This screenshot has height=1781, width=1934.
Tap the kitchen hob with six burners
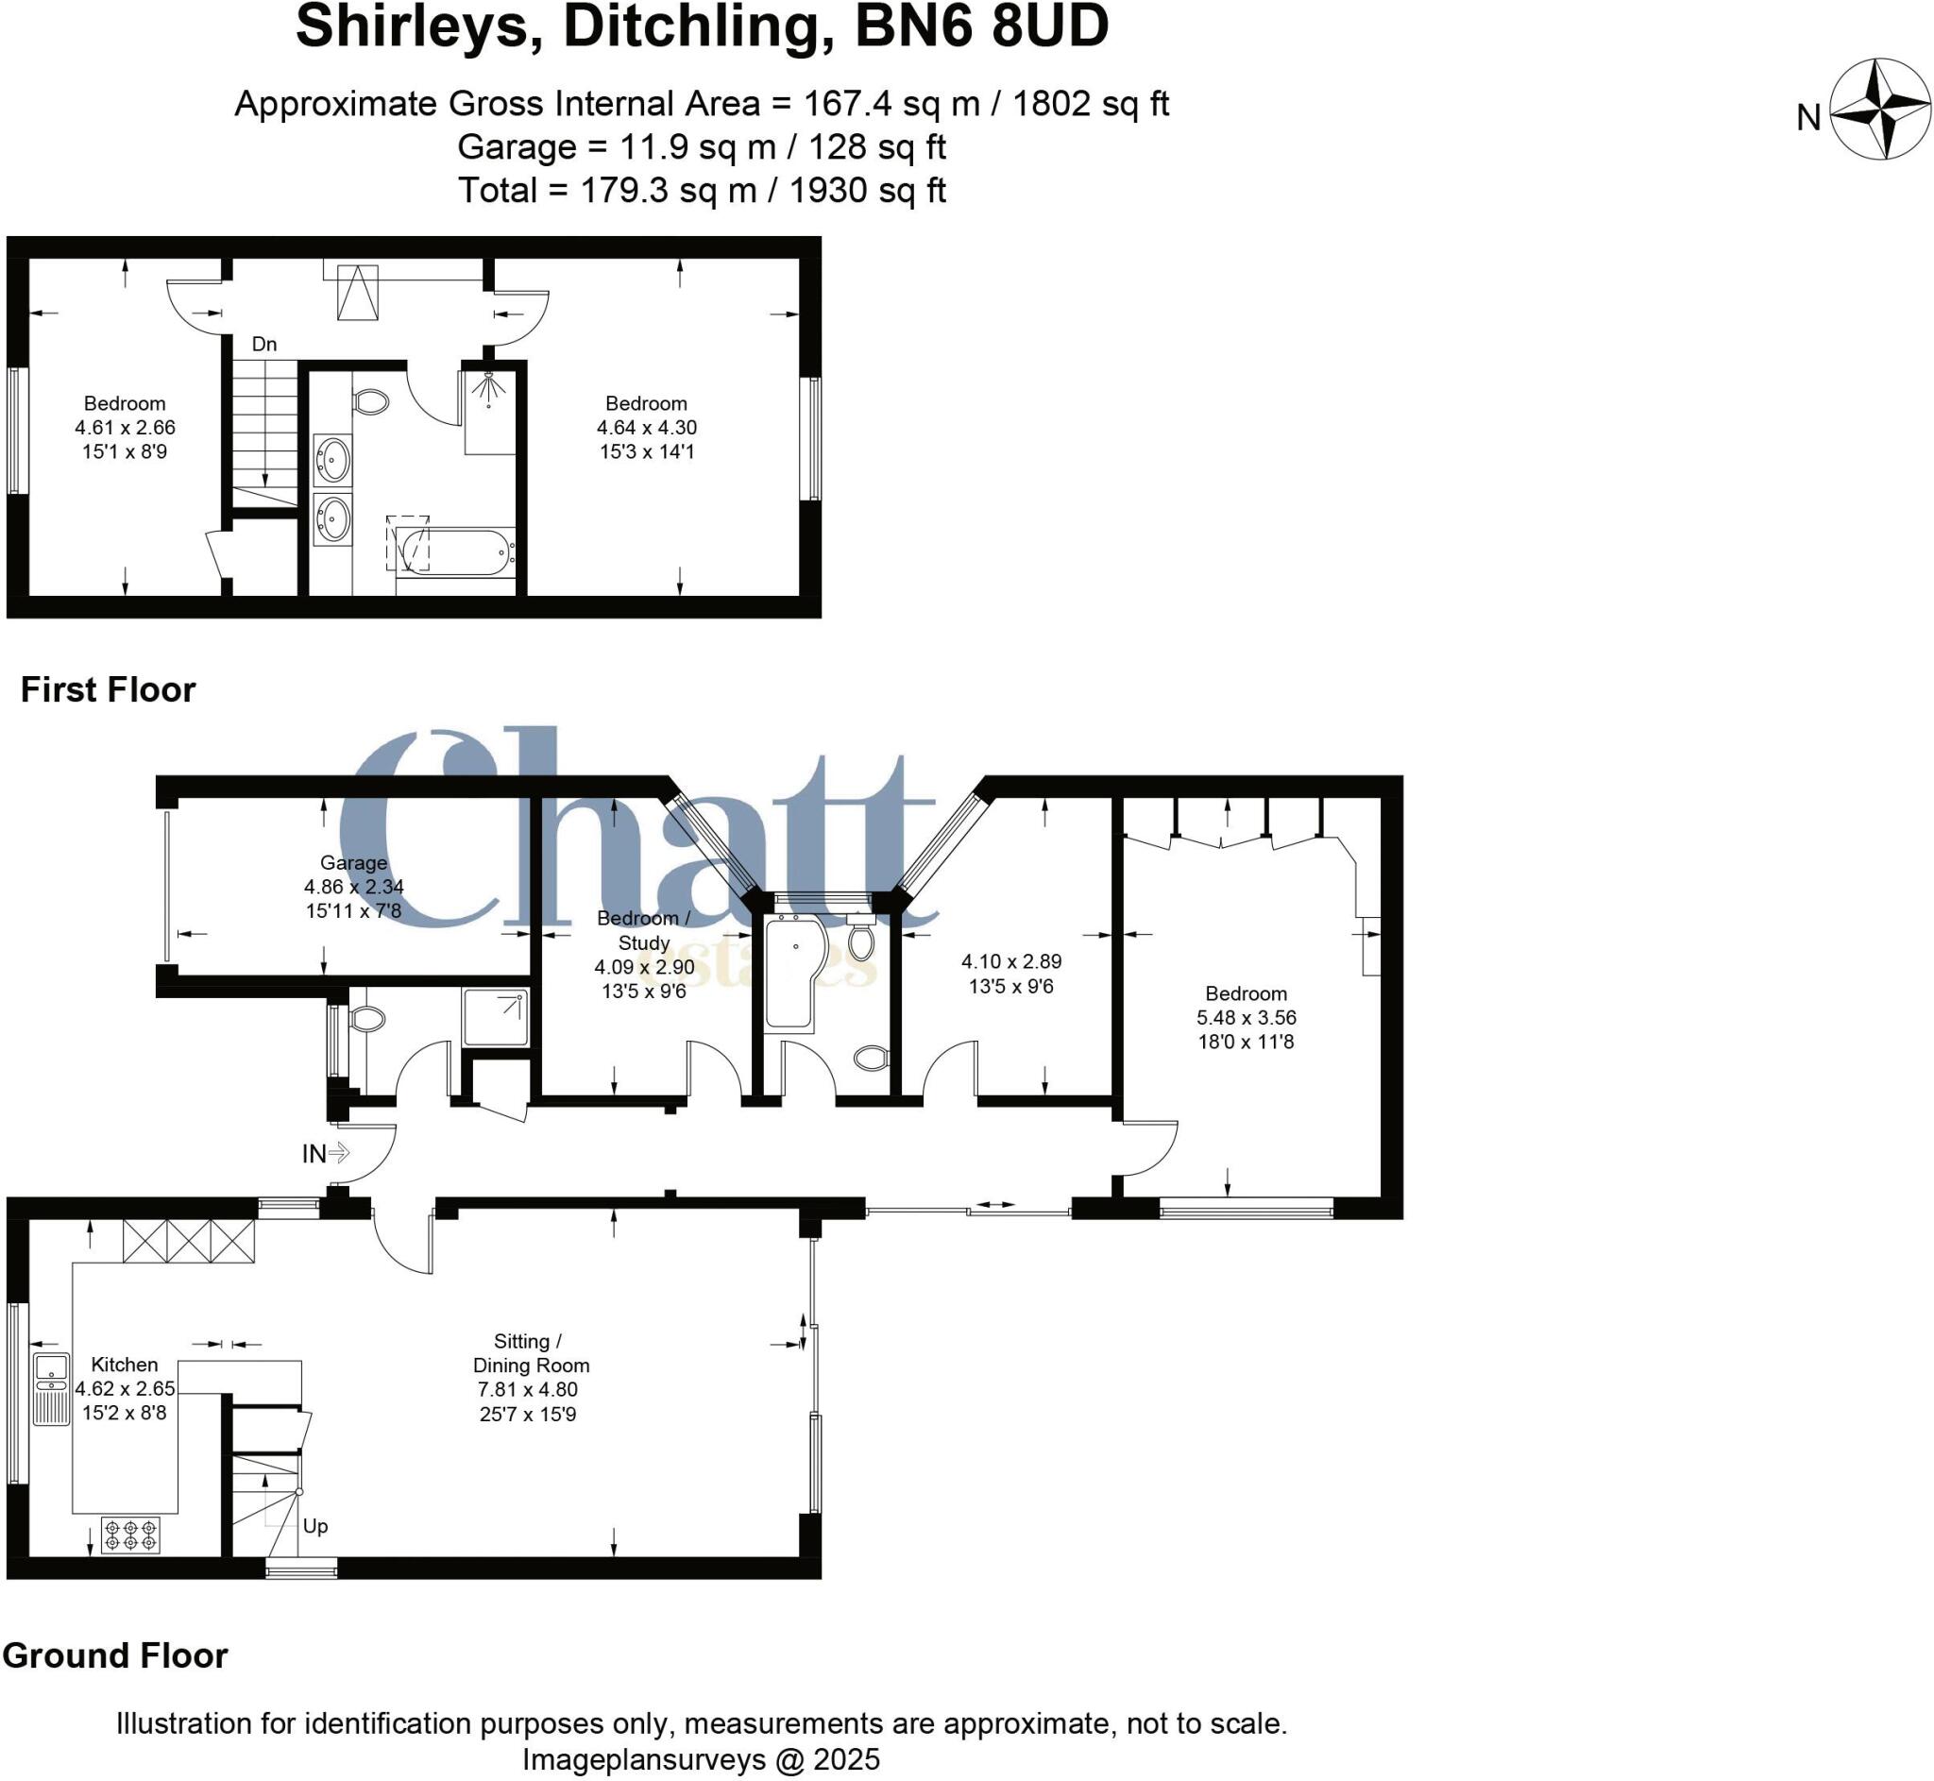click(x=130, y=1535)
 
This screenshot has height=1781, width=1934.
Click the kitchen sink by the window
click(x=51, y=1388)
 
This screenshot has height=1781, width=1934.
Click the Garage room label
click(x=353, y=862)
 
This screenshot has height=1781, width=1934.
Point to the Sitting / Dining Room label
click(x=530, y=1353)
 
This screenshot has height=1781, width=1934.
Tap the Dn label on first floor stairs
click(x=264, y=344)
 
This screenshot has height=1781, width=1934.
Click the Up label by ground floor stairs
click(x=315, y=1526)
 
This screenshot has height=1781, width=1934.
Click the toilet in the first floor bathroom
click(x=371, y=400)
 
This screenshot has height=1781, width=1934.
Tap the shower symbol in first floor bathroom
click(x=489, y=387)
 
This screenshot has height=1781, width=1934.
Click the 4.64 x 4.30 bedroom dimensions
click(x=647, y=427)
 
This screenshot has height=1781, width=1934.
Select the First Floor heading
click(x=108, y=690)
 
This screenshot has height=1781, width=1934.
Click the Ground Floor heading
click(x=114, y=1655)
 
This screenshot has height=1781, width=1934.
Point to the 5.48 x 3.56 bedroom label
click(x=1245, y=1018)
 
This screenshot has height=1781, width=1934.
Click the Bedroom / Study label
click(x=643, y=930)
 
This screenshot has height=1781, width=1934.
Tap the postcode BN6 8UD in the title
click(x=981, y=27)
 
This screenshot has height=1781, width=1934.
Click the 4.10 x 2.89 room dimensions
click(x=1010, y=961)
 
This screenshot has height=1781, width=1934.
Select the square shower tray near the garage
click(x=496, y=1018)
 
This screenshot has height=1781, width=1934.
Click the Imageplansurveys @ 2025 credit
click(x=701, y=1759)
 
